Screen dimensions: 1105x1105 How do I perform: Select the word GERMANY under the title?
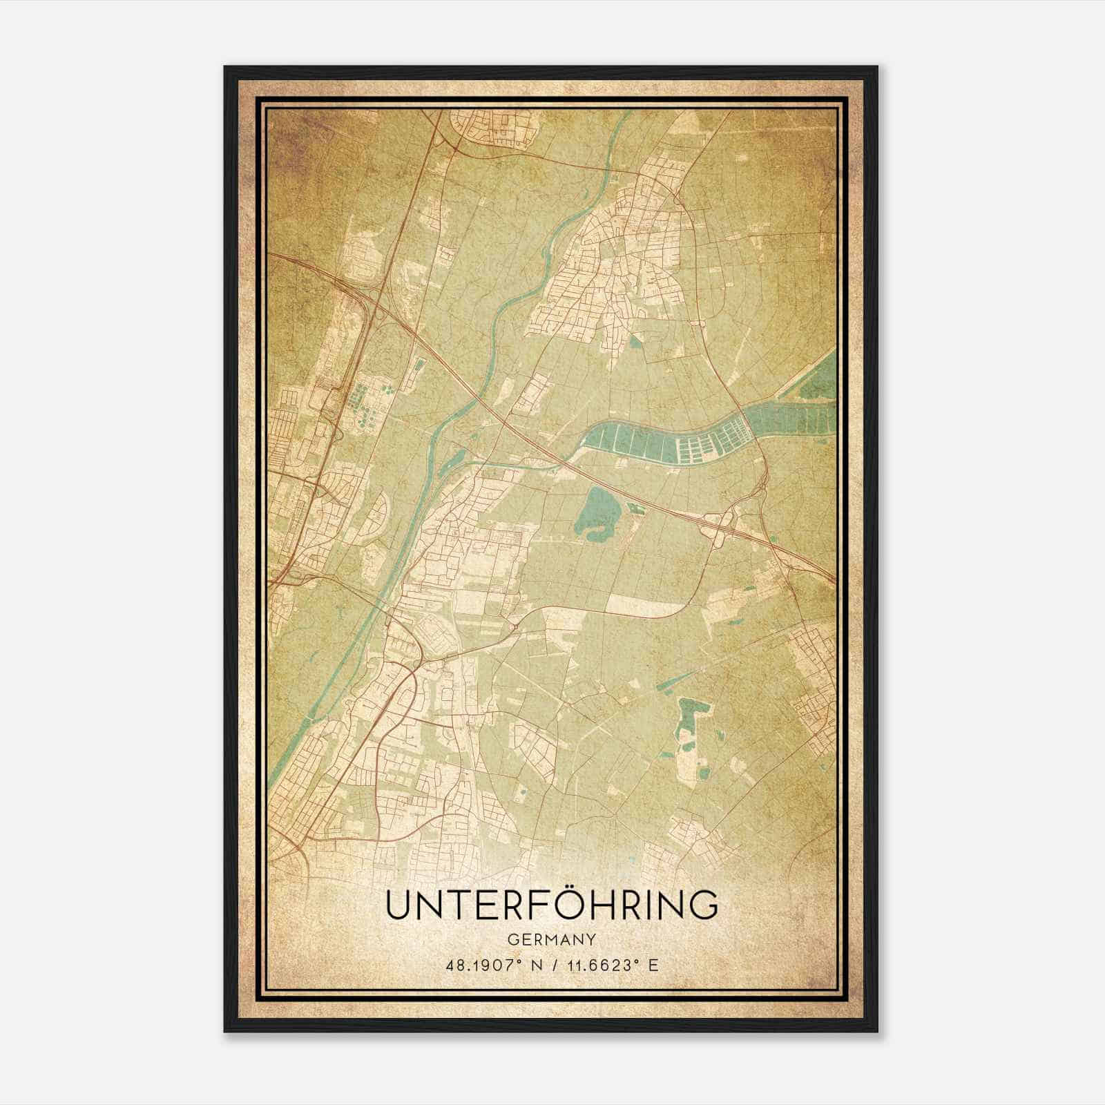tap(552, 940)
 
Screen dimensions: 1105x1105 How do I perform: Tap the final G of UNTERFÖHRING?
tap(702, 905)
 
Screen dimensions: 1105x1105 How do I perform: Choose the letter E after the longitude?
tap(653, 965)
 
